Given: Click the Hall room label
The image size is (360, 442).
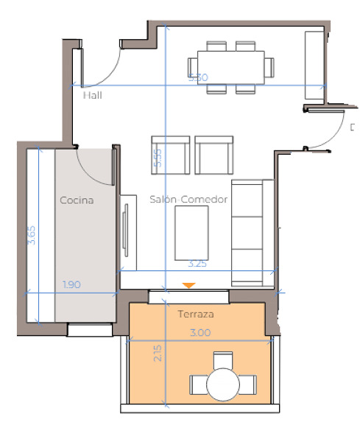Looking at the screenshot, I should pyautogui.click(x=92, y=95).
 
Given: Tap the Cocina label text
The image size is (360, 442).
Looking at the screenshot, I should pyautogui.click(x=77, y=200).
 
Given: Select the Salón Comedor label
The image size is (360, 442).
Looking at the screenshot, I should pyautogui.click(x=188, y=200).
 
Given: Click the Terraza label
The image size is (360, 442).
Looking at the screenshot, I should pyautogui.click(x=196, y=315).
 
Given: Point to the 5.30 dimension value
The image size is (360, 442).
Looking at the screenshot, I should pyautogui.click(x=198, y=77).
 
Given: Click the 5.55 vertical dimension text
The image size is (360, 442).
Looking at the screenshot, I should pyautogui.click(x=158, y=159).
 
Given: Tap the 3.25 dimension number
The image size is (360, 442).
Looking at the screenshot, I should pyautogui.click(x=197, y=262).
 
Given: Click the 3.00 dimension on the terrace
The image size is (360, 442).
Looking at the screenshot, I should pyautogui.click(x=200, y=333).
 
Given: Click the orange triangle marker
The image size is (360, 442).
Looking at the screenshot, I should pyautogui.click(x=189, y=285).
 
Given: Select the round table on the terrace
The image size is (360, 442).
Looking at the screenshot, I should pyautogui.click(x=223, y=383).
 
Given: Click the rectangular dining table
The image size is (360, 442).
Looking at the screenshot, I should pyautogui.click(x=230, y=67).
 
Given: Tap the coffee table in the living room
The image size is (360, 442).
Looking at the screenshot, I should pyautogui.click(x=191, y=232).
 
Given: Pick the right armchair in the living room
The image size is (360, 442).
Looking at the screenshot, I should pyautogui.click(x=214, y=153).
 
